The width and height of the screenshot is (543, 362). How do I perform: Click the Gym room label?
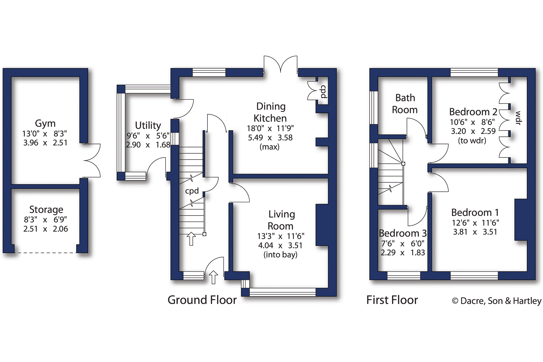pyautogui.click(x=45, y=124)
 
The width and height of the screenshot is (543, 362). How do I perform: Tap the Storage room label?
pyautogui.click(x=46, y=210)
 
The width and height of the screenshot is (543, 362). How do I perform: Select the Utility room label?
pyautogui.click(x=148, y=126)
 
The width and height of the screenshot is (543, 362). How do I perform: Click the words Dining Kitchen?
pyautogui.click(x=270, y=112)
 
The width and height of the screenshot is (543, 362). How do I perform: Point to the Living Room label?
pyautogui.click(x=281, y=220)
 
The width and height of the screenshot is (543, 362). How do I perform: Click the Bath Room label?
pyautogui.click(x=405, y=104)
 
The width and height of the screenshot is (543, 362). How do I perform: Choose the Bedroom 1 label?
pyautogui.click(x=475, y=213)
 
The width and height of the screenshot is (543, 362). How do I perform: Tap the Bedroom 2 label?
pyautogui.click(x=473, y=112)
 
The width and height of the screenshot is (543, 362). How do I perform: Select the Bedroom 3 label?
pyautogui.click(x=403, y=233)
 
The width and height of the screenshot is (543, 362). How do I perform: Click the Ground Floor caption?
pyautogui.click(x=202, y=300)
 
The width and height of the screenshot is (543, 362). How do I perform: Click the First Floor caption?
pyautogui.click(x=392, y=300)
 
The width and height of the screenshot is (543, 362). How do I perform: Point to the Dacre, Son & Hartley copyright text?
pyautogui.click(x=497, y=301)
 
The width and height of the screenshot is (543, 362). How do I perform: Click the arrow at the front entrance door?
pyautogui.click(x=214, y=277)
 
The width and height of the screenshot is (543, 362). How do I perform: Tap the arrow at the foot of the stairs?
pyautogui.click(x=191, y=239)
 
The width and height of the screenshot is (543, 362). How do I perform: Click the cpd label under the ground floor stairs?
pyautogui.click(x=192, y=191)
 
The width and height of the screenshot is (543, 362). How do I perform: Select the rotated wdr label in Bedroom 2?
pyautogui.click(x=518, y=118)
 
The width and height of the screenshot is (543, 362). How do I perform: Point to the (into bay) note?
pyautogui.click(x=280, y=255)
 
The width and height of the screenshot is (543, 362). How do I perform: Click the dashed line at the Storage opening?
pyautogui.click(x=45, y=253)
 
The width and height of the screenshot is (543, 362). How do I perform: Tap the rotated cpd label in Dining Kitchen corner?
pyautogui.click(x=323, y=92)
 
